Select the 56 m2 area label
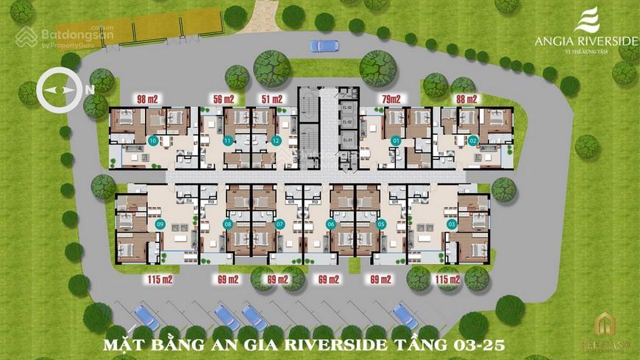[x=223, y=99]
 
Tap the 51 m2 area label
[x=271, y=99]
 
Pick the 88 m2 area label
[x=466, y=99]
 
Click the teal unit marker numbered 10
[x=153, y=140]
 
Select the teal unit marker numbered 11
[x=228, y=140]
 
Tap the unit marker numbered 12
[x=276, y=140]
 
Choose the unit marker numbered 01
[x=396, y=140]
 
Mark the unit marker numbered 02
[x=473, y=140]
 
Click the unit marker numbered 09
[x=160, y=225]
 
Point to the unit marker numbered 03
[x=451, y=225]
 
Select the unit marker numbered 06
[x=331, y=225]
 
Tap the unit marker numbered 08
[x=228, y=225]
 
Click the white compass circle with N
[x=59, y=89]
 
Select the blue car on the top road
[x=324, y=46]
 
